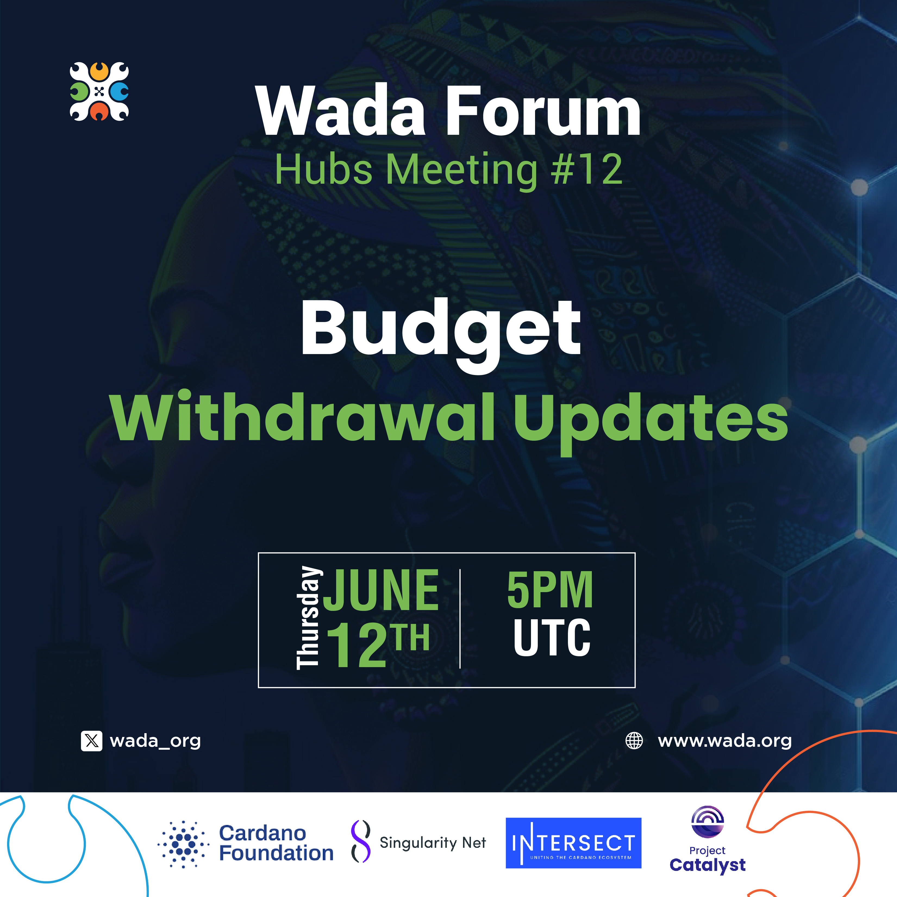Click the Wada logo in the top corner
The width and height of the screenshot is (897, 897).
(99, 92)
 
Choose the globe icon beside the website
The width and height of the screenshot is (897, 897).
(634, 740)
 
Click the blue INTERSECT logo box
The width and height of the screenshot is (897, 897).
(573, 843)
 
